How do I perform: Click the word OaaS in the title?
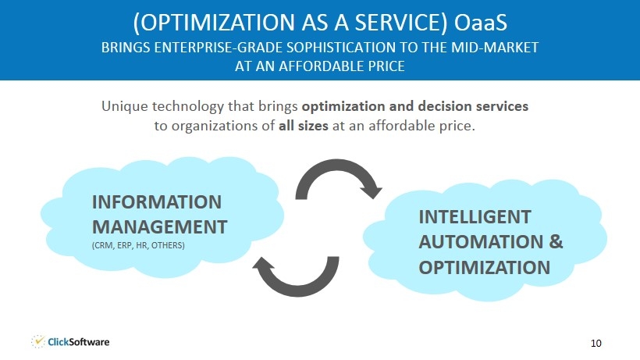[481, 23]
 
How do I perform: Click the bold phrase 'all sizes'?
[304, 125]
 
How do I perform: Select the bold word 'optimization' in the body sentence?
[343, 106]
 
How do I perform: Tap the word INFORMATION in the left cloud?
[157, 202]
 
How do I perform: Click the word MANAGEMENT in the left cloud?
[159, 227]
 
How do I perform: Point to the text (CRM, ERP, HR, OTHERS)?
[138, 245]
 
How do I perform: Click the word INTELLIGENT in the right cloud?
[475, 217]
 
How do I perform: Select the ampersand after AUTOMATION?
[556, 241]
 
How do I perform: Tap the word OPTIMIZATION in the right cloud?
[485, 267]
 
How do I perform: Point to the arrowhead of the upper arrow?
[372, 191]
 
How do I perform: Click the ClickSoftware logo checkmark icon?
[38, 341]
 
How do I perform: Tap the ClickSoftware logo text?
[78, 342]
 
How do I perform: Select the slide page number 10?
[596, 343]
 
